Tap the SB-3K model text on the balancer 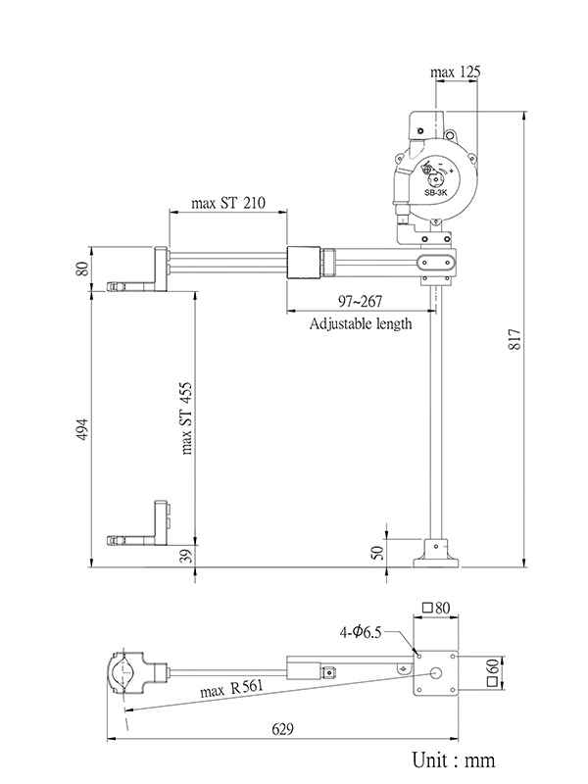point(435,194)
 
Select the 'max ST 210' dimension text point(226,204)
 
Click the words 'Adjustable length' point(360,323)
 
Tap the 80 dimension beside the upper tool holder point(82,266)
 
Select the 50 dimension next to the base point(378,553)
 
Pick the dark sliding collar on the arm point(307,264)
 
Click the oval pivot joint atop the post point(435,263)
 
